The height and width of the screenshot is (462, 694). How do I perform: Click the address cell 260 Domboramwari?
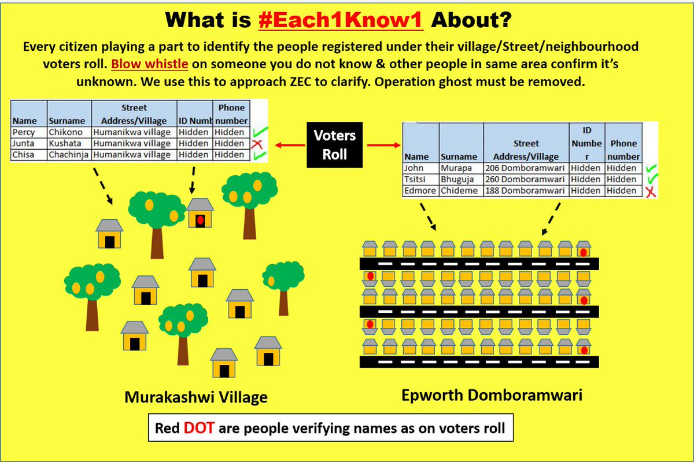point(525,179)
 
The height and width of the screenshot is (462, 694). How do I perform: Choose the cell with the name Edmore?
point(420,191)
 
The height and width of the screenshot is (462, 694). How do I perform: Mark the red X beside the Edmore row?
point(651,191)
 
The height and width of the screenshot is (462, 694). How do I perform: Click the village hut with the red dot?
point(200,215)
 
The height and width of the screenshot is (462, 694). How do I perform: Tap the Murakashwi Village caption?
point(196,397)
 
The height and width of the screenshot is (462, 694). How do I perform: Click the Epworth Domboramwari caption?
point(492,395)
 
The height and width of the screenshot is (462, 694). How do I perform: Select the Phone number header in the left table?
point(231,114)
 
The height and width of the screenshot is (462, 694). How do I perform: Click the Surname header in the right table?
point(459,156)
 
